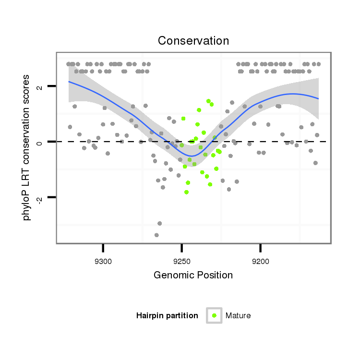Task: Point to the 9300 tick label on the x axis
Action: (103, 262)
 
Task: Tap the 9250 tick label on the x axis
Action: (181, 262)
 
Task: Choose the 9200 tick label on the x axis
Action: (260, 262)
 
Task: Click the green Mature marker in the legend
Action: (214, 315)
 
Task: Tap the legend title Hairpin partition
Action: (167, 315)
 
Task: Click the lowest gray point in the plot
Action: (156, 235)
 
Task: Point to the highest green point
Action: (208, 101)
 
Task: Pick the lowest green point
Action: (186, 192)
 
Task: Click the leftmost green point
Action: (181, 145)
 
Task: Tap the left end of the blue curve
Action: (69, 82)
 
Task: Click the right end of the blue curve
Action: (318, 98)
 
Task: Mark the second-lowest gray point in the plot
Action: (159, 223)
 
